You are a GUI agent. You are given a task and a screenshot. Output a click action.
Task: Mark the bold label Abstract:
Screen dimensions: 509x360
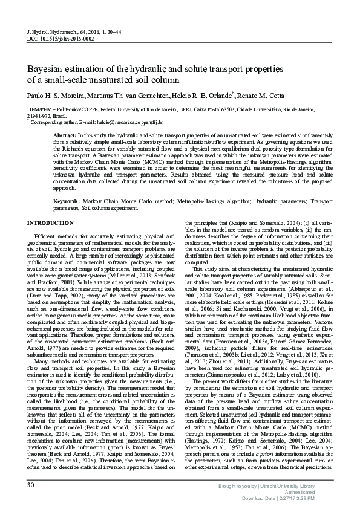65,136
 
